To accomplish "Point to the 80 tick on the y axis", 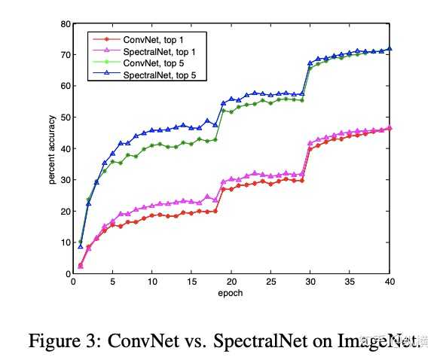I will (x=66, y=23).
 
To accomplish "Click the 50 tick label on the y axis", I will (x=66, y=117).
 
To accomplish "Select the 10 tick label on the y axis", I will (x=66, y=243).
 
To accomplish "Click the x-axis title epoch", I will (x=231, y=293).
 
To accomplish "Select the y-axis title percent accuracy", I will (x=51, y=148).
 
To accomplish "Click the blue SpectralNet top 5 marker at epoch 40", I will (x=390, y=49).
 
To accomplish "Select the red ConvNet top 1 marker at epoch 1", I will (x=81, y=265).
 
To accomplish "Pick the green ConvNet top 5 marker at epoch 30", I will (x=310, y=68).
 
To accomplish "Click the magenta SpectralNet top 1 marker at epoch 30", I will (x=310, y=143).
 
